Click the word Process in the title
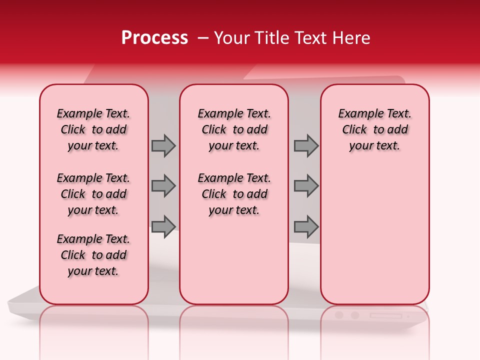[x=154, y=38]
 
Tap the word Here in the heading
[x=352, y=38]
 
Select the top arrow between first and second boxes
[x=163, y=145]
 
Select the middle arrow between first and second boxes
[x=163, y=186]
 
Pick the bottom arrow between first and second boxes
[x=163, y=226]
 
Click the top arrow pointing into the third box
[x=306, y=145]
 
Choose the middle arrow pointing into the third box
[x=306, y=186]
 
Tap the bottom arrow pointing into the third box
[x=306, y=226]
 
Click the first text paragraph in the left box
[x=93, y=129]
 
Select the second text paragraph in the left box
[x=93, y=194]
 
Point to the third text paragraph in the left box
[x=93, y=255]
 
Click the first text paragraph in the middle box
[x=234, y=129]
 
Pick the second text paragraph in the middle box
[x=234, y=194]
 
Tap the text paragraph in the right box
[x=374, y=129]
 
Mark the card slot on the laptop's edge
[x=385, y=315]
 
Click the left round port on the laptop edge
[x=339, y=315]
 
